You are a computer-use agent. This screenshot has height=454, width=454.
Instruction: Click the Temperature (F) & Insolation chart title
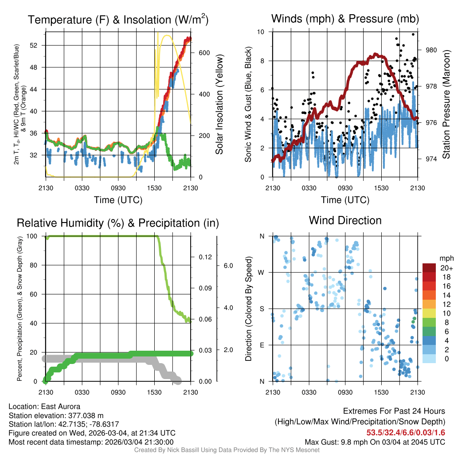pos(118,20)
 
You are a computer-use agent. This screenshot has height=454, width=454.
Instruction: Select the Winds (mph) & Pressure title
pos(345,19)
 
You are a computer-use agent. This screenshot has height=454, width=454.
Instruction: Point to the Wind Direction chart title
pos(345,220)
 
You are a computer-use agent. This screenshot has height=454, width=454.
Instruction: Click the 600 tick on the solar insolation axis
pos(204,53)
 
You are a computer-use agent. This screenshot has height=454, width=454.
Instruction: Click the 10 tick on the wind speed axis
pos(261,32)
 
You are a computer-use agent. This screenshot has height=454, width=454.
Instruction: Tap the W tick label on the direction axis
pos(262,272)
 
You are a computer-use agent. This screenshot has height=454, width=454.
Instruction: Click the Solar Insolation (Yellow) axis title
pos(219,105)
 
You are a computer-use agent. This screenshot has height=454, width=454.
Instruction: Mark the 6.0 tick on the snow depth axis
pos(227,266)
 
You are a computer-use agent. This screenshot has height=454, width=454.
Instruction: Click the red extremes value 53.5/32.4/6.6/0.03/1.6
pos(406,433)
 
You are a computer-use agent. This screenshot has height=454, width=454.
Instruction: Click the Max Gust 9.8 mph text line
pos(375,442)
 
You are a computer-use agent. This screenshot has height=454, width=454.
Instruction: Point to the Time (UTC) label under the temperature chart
pos(118,200)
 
